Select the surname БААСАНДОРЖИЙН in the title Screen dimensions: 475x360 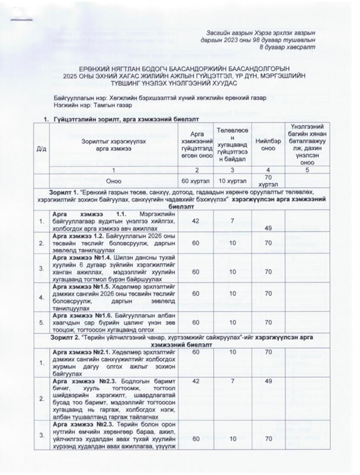(172, 68)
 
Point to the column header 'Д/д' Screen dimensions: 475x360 (42, 148)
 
